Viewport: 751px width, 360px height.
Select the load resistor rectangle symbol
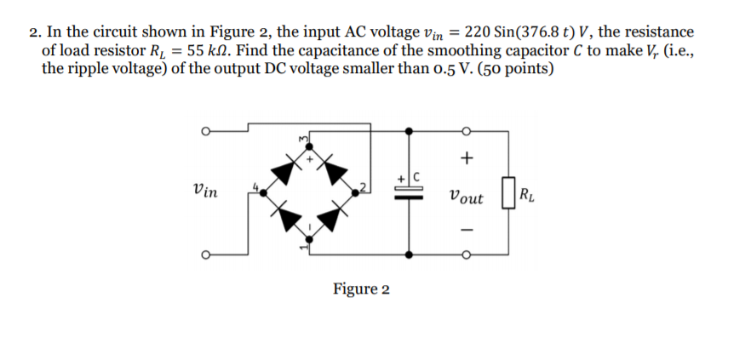click(x=507, y=193)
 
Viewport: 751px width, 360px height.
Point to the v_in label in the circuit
click(x=205, y=191)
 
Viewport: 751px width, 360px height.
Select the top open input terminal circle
click(x=204, y=131)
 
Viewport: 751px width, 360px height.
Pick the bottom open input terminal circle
click(x=204, y=254)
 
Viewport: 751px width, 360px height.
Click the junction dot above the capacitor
click(x=410, y=131)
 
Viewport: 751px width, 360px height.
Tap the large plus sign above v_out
click(x=465, y=158)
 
